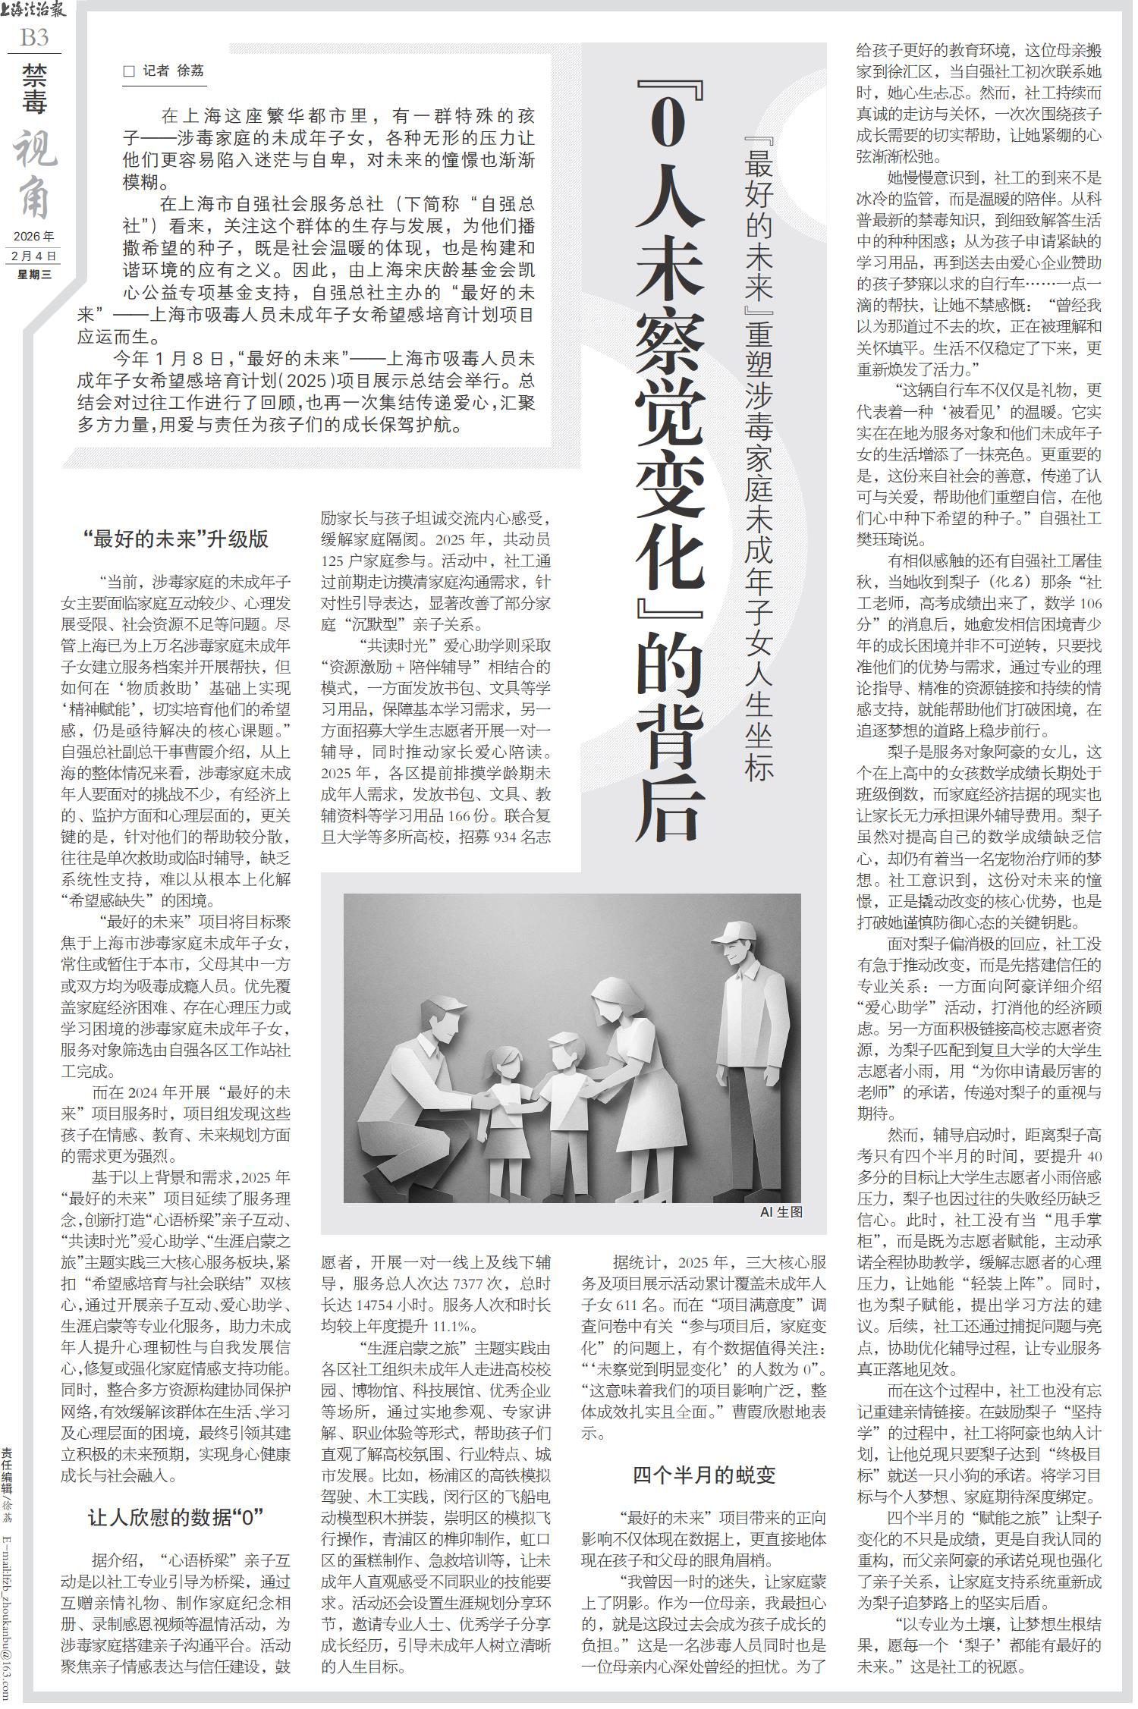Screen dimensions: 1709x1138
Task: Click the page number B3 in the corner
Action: coord(34,36)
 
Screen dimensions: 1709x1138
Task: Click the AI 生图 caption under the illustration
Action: coord(781,1212)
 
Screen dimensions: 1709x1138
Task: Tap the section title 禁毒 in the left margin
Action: coord(33,89)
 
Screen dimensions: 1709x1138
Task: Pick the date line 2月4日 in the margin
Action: coord(34,256)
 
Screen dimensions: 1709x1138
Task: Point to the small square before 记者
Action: coord(128,71)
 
